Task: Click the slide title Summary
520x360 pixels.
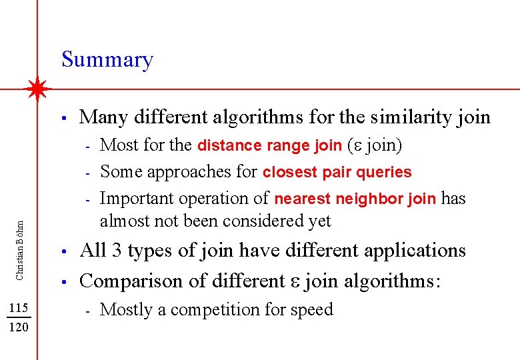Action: (107, 60)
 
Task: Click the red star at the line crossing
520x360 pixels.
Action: (38, 88)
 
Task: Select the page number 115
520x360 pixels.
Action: (19, 307)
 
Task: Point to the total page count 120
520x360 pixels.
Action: (19, 328)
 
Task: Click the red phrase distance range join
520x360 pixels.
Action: (269, 145)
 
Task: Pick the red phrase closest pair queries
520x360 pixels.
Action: (337, 172)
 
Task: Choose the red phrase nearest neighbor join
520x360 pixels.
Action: (355, 199)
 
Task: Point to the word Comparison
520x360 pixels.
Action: (131, 281)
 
